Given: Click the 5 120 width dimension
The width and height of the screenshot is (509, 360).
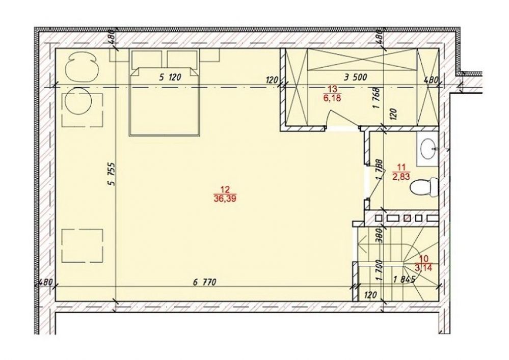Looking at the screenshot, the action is pyautogui.click(x=170, y=77).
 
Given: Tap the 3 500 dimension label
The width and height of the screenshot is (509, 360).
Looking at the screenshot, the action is pyautogui.click(x=356, y=77).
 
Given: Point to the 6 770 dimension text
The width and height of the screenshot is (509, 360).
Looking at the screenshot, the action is pyautogui.click(x=204, y=283).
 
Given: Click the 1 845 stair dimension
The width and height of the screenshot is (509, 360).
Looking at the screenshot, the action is pyautogui.click(x=404, y=280).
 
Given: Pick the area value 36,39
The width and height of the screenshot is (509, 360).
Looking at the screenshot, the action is pyautogui.click(x=225, y=199).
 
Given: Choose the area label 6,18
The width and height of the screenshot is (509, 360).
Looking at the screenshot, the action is pyautogui.click(x=332, y=98).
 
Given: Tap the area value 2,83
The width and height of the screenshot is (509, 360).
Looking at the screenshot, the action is pyautogui.click(x=401, y=177).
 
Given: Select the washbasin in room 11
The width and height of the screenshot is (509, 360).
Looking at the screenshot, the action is pyautogui.click(x=428, y=149).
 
